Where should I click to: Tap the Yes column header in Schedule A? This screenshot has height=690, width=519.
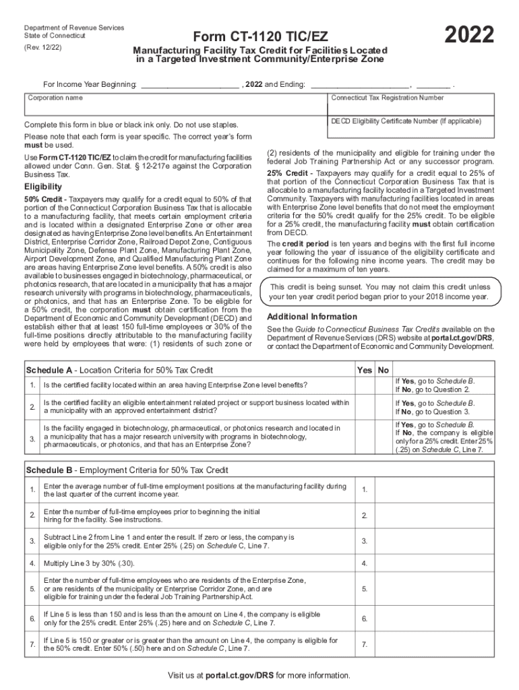coord(365,370)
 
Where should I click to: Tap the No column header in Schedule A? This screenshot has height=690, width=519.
coord(384,370)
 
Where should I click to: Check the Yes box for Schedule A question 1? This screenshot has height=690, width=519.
coord(365,385)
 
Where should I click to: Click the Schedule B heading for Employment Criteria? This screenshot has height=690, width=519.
coord(127,470)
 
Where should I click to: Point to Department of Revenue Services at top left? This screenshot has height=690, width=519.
coord(73,28)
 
